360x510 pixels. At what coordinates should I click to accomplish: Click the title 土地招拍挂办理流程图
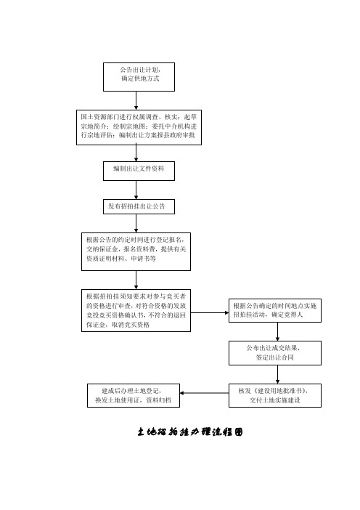[x=190, y=432]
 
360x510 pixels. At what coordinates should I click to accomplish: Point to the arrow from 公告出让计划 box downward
[x=136, y=100]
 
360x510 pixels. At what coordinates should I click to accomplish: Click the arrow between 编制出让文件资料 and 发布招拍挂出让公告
[x=136, y=190]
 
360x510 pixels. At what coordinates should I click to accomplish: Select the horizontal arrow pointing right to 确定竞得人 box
[x=210, y=313]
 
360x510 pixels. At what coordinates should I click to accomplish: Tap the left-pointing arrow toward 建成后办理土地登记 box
[x=204, y=393]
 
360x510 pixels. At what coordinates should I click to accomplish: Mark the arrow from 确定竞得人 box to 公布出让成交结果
[x=277, y=331]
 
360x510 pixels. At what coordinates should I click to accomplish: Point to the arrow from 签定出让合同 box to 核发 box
[x=277, y=374]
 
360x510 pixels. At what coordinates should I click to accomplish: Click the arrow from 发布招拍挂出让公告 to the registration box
[x=136, y=223]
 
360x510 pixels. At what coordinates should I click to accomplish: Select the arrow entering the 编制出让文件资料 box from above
[x=136, y=153]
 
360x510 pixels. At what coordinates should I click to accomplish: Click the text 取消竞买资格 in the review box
[x=131, y=325]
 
